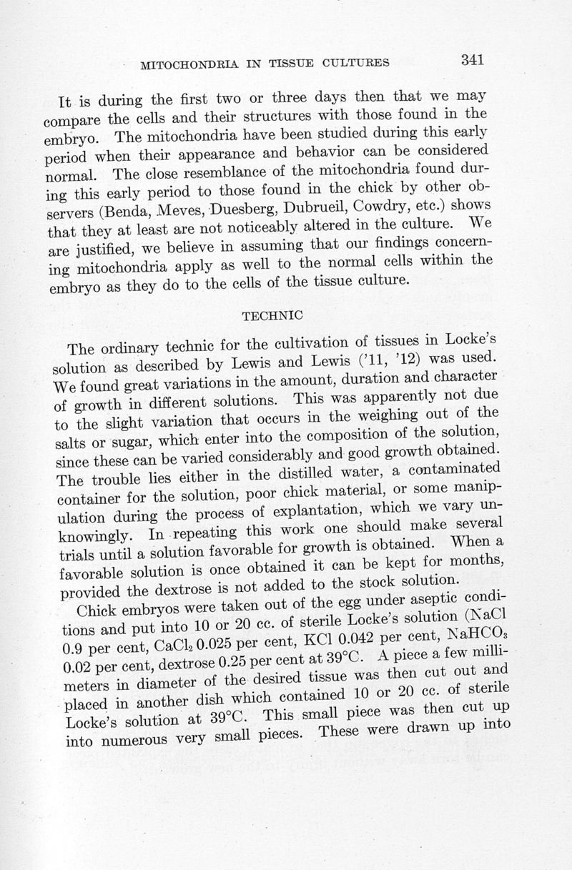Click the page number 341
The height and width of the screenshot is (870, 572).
[x=473, y=59]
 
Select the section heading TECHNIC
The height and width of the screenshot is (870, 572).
[x=272, y=315]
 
